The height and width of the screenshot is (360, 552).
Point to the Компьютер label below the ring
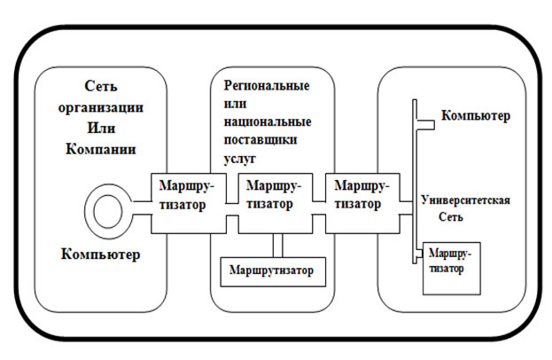pyautogui.click(x=101, y=255)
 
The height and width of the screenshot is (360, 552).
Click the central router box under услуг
pyautogui.click(x=274, y=205)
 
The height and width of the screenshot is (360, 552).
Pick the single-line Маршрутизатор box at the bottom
pyautogui.click(x=274, y=268)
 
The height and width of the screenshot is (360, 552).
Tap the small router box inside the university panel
pyautogui.click(x=452, y=266)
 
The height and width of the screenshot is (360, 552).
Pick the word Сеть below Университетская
pyautogui.click(x=450, y=217)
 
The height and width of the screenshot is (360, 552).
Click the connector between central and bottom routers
pyautogui.click(x=277, y=244)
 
